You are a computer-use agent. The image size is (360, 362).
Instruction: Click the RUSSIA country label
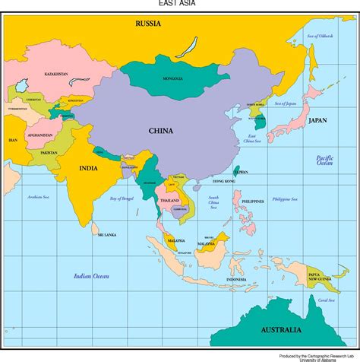click(148, 24)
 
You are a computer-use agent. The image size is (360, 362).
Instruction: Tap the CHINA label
click(160, 130)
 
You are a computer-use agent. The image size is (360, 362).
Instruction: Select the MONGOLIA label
click(172, 78)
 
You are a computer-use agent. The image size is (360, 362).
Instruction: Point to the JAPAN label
click(317, 120)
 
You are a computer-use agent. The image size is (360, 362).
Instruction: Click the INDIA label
click(89, 168)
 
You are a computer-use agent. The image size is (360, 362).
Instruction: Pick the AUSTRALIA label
click(281, 331)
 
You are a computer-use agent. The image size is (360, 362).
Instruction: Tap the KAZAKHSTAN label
click(56, 74)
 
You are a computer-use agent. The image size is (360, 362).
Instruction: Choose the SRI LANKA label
click(107, 235)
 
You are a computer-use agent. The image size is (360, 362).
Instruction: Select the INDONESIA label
click(236, 280)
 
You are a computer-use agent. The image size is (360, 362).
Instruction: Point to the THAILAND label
click(169, 199)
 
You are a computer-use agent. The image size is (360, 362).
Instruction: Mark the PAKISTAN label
click(49, 153)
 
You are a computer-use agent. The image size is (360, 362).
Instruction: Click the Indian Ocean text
click(90, 276)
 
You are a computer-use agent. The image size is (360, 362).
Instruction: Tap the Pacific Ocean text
click(325, 160)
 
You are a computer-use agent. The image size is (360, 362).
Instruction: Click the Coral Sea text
click(326, 300)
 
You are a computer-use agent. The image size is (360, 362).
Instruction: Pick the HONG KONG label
click(224, 181)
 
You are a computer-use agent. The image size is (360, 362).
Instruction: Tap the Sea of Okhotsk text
click(320, 36)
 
